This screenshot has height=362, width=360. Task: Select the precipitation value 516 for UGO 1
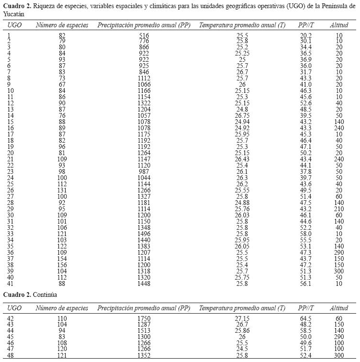pos(144,36)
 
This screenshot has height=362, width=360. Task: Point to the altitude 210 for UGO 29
pos(339,210)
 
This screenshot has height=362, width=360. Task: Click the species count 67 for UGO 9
pos(62,84)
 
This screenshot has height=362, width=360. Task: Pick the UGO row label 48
pos(11,356)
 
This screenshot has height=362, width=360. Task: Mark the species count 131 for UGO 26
pos(62,190)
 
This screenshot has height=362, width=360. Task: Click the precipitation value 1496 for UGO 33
pos(144,234)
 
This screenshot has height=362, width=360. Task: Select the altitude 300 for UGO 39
pos(339,271)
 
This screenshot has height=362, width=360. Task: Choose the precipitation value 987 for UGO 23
pos(144,171)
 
